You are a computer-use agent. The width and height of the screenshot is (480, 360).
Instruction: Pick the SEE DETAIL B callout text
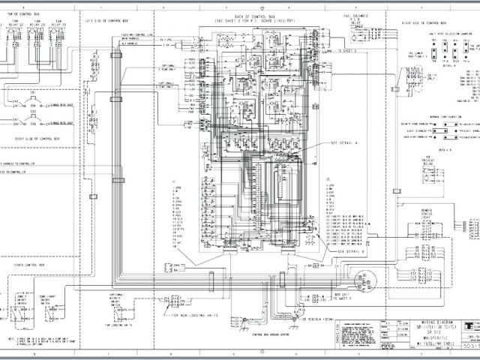pyautogui.click(x=343, y=252)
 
